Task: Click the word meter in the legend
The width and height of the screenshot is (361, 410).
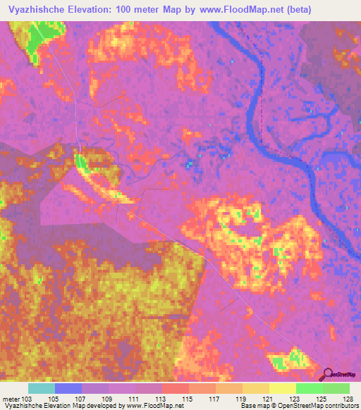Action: click(x=11, y=399)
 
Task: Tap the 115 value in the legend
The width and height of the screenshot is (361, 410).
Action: click(x=188, y=399)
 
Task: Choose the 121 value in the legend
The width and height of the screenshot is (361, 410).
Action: click(x=268, y=399)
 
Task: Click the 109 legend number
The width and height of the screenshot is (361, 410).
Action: click(x=108, y=399)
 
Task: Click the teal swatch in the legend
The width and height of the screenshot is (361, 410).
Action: click(x=42, y=388)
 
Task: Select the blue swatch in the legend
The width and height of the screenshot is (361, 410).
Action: click(x=68, y=388)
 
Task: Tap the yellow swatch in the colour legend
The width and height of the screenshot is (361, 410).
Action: click(x=282, y=388)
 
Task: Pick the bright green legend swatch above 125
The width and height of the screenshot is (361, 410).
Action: click(x=309, y=388)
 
